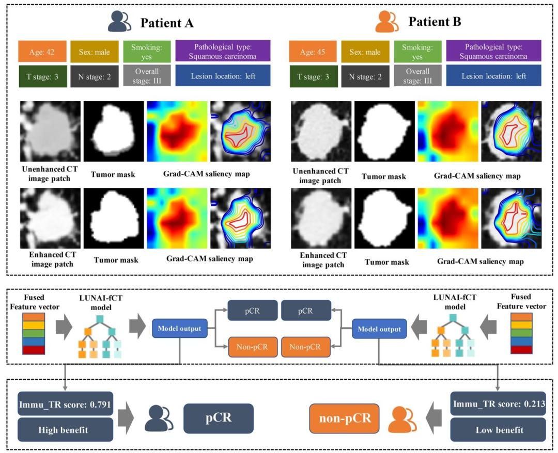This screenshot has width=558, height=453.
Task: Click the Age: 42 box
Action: coord(42,52)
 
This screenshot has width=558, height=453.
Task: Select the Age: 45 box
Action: coord(313,52)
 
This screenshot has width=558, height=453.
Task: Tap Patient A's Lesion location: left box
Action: coord(223,75)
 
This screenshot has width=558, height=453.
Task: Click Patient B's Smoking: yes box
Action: coord(417,52)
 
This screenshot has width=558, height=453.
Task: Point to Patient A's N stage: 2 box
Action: coord(95,76)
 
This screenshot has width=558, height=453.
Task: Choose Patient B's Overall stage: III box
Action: coord(417,75)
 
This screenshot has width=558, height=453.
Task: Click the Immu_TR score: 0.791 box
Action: coord(65,403)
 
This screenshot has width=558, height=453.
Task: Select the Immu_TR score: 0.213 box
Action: coord(498,403)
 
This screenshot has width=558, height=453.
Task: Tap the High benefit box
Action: coord(65,430)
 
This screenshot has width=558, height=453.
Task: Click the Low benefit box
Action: coord(498,430)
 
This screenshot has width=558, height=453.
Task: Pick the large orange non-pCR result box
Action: coord(345,418)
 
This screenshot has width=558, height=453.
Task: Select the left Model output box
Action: coord(179,328)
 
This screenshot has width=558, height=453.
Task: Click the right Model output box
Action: coord(379,329)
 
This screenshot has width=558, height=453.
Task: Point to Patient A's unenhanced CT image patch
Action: coord(50,132)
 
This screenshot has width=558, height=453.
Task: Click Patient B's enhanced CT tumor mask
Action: coord(385,218)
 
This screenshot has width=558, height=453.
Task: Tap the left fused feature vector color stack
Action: coord(34,333)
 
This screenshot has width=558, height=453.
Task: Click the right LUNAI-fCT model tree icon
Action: coord(454,335)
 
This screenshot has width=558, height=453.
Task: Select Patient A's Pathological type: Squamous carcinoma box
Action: coord(223,51)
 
